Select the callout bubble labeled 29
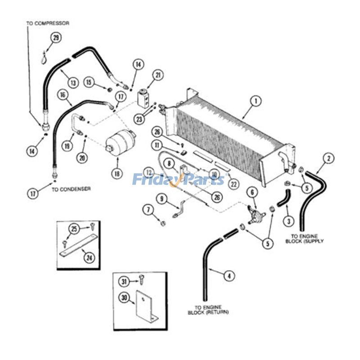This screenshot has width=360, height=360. click(x=56, y=38)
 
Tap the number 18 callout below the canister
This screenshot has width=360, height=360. click(x=117, y=173)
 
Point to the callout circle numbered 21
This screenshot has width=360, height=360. click(x=158, y=75)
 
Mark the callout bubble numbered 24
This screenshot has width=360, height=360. click(x=89, y=257)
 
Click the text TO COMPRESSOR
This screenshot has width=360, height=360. click(x=47, y=23)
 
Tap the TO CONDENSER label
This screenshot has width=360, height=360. click(x=71, y=189)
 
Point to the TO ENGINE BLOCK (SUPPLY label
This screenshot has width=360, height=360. click(x=307, y=238)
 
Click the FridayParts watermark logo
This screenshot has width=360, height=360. click(x=178, y=180)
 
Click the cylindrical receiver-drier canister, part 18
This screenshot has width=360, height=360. click(x=120, y=141)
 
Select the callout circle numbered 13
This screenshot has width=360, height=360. click(x=73, y=82)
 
